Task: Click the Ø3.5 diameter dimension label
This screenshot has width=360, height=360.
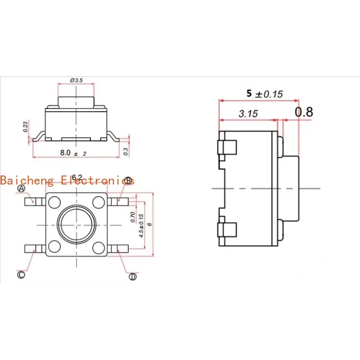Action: pyautogui.click(x=76, y=80)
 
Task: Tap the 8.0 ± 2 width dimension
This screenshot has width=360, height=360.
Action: pyautogui.click(x=73, y=153)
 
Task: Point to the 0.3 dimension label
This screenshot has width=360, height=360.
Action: pyautogui.click(x=126, y=152)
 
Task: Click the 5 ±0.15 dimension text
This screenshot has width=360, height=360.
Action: pyautogui.click(x=264, y=94)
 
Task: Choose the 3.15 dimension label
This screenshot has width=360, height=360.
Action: pyautogui.click(x=248, y=114)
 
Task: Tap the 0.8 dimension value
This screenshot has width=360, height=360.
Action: pyautogui.click(x=304, y=112)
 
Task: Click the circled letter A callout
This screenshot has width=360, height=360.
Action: pyautogui.click(x=21, y=188)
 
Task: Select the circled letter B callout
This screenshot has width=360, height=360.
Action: pyautogui.click(x=128, y=181)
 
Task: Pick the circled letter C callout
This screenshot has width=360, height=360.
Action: pyautogui.click(x=21, y=275)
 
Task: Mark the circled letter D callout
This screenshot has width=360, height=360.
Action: pyautogui.click(x=132, y=276)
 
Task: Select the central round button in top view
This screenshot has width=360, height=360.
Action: pyautogui.click(x=76, y=225)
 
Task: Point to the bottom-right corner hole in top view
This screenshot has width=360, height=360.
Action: pyautogui.click(x=98, y=247)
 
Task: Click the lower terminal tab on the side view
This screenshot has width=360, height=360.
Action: pyautogui.click(x=227, y=229)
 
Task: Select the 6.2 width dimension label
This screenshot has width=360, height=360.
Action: pyautogui.click(x=77, y=177)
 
